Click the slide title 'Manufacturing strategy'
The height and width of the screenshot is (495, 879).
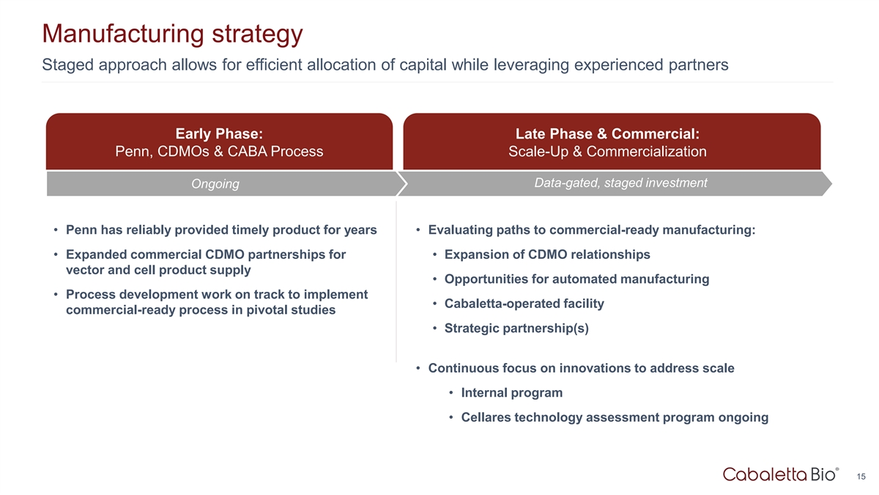pyautogui.click(x=172, y=34)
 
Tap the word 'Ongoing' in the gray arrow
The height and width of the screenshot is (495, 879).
pyautogui.click(x=215, y=184)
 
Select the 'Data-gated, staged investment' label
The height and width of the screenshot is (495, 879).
pyautogui.click(x=621, y=183)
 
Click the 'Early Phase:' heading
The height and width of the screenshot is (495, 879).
pyautogui.click(x=219, y=133)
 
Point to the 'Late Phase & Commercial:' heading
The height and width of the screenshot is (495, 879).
pyautogui.click(x=607, y=133)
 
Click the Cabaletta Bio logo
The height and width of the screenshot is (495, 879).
pyautogui.click(x=781, y=474)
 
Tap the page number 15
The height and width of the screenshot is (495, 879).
pyautogui.click(x=861, y=477)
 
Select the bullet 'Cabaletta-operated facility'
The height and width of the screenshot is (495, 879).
pyautogui.click(x=524, y=304)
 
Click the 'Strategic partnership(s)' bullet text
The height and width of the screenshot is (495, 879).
pyautogui.click(x=516, y=329)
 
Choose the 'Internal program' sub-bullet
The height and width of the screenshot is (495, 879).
pyautogui.click(x=512, y=392)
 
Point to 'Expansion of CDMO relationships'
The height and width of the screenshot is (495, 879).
pyautogui.click(x=547, y=254)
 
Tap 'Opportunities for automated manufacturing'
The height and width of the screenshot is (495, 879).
pyautogui.click(x=577, y=279)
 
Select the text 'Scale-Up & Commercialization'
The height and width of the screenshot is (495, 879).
pyautogui.click(x=607, y=152)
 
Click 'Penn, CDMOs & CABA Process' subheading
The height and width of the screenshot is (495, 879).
pyautogui.click(x=219, y=152)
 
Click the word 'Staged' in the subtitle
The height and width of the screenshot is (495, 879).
pyautogui.click(x=67, y=65)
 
